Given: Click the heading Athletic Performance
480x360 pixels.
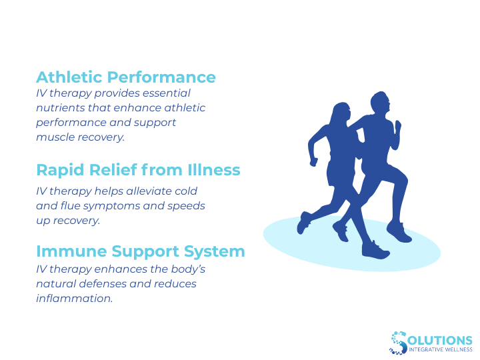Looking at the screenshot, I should (126, 77).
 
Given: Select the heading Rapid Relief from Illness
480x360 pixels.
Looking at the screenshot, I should (138, 170).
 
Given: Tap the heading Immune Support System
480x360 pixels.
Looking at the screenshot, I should (140, 251).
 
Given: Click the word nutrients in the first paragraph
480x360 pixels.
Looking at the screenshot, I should (60, 108).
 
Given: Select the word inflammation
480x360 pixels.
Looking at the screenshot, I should (75, 299).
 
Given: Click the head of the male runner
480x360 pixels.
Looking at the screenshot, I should (380, 104).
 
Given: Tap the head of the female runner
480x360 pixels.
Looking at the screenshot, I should (342, 114).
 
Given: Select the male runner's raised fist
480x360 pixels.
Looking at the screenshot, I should (398, 125).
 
